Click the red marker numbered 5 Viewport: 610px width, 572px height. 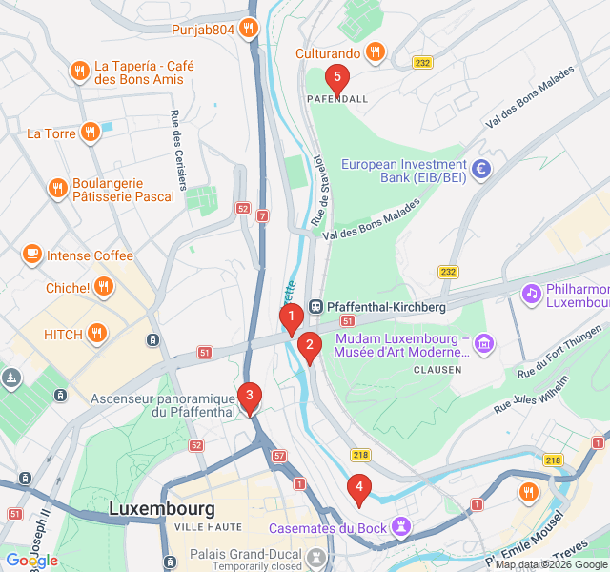click(336, 78)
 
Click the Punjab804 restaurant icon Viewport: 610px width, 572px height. click(248, 29)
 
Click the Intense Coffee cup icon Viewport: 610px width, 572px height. click(32, 255)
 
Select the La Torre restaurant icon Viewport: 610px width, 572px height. click(91, 133)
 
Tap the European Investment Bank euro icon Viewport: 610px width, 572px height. click(482, 170)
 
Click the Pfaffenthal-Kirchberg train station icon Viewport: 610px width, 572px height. click(315, 307)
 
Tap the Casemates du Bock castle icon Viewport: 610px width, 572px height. click(402, 526)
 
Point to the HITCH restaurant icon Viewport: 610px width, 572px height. click(96, 334)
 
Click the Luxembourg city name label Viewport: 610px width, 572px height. click(162, 508)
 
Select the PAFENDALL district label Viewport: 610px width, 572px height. click(337, 99)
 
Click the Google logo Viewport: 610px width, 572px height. click(31, 561)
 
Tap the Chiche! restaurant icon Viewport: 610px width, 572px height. click(103, 286)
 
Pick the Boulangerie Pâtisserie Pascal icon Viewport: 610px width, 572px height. click(57, 188)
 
